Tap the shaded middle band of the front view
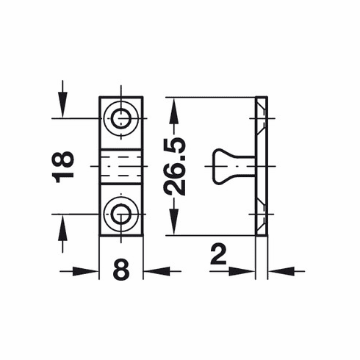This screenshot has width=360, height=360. click(121, 166)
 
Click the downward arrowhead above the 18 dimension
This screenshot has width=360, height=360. click(63, 108)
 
